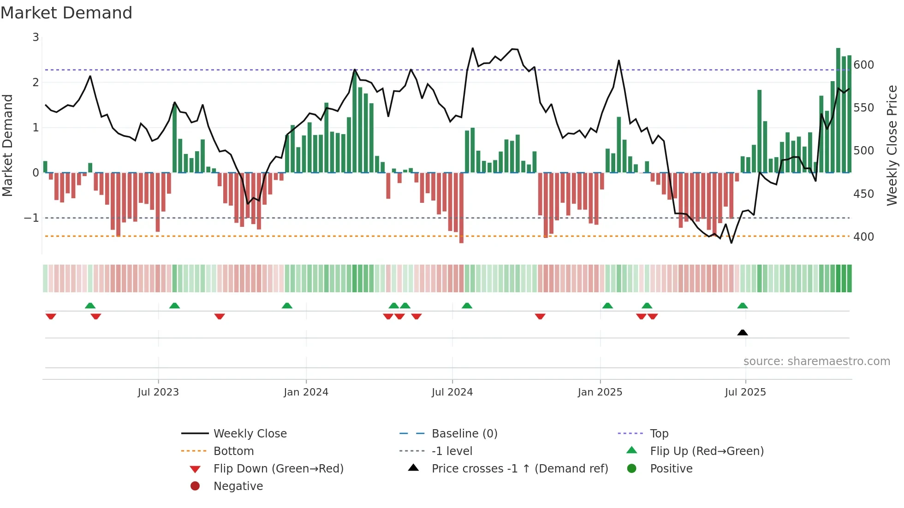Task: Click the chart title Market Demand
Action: point(66,13)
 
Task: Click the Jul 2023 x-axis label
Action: point(158,392)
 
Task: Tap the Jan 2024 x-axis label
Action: point(306,392)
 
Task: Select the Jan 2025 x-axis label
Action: point(600,392)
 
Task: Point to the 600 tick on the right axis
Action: point(863,65)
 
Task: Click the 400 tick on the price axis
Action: point(863,236)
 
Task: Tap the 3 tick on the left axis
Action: point(36,37)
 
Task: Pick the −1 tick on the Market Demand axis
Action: point(31,218)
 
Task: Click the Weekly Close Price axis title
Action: point(892,145)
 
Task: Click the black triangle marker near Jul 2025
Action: point(742,332)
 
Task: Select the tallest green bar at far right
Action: point(838,111)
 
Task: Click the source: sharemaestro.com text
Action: point(816,361)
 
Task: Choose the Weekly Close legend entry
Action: point(250,433)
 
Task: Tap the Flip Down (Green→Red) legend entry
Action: point(278,468)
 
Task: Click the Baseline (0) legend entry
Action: point(464,433)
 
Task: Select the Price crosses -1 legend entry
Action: point(519,468)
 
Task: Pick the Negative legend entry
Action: point(238,486)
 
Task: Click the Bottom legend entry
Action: point(233,451)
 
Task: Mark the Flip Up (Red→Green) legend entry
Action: point(707,451)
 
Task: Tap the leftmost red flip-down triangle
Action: point(51,316)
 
